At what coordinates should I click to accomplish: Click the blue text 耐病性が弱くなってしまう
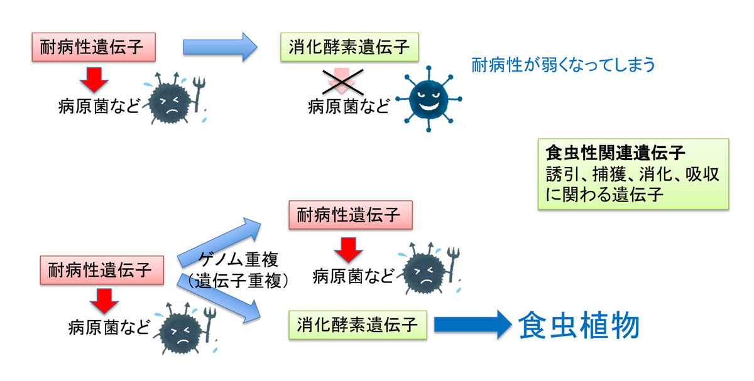[x=563, y=65]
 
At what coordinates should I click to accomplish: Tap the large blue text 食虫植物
[x=579, y=325]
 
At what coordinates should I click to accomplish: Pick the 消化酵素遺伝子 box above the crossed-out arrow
[x=349, y=47]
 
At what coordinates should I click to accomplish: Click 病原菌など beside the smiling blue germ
[x=349, y=105]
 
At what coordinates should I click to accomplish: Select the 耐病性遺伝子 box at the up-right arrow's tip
[x=349, y=215]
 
